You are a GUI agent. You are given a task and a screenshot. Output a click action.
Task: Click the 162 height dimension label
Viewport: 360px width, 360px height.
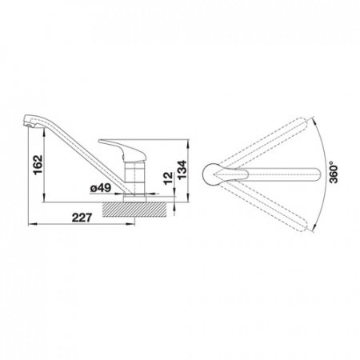pos(38,164)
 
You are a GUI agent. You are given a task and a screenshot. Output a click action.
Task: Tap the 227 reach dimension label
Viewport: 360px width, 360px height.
pos(82,218)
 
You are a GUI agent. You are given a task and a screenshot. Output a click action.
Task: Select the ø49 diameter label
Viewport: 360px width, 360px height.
pos(101,188)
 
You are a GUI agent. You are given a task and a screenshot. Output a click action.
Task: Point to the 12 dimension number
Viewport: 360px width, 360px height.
pos(168,178)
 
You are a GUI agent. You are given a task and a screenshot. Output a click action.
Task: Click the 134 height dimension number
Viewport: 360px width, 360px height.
pos(182,170)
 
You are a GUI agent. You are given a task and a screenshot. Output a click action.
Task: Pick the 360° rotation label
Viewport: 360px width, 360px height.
pos(334,172)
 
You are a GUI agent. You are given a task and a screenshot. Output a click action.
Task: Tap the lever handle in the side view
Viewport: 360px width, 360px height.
pos(122,150)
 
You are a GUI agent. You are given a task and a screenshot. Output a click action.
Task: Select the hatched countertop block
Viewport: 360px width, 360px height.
pos(134,210)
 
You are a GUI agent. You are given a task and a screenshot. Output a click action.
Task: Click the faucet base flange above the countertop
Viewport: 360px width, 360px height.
pos(134,199)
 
